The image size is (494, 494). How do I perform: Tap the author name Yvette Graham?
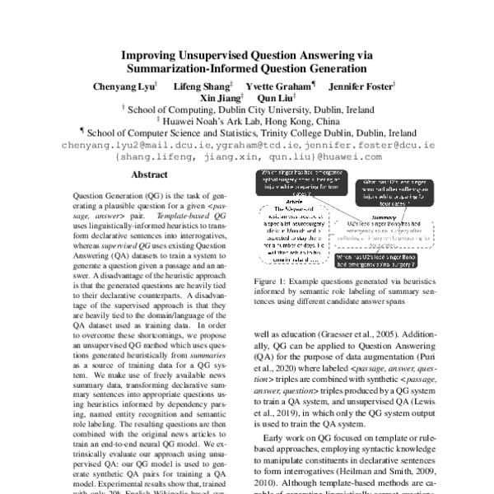coord(277,86)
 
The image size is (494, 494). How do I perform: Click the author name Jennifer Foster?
coord(361,86)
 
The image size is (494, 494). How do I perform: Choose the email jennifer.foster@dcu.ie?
coord(368,142)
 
